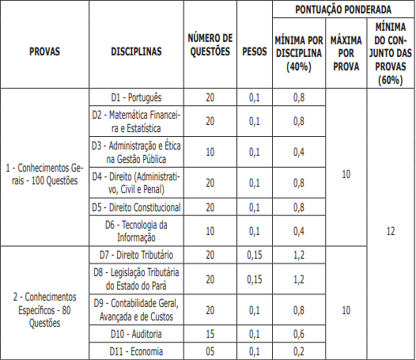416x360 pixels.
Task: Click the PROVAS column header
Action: click(43, 51)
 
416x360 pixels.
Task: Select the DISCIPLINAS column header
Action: click(136, 51)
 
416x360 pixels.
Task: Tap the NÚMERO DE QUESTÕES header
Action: click(210, 45)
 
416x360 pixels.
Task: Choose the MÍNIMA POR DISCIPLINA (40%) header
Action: click(298, 52)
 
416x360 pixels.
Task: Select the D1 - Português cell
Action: click(136, 97)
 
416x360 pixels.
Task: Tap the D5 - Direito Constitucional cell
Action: click(136, 207)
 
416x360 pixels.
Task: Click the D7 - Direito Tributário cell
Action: click(136, 255)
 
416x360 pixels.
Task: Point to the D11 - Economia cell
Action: click(136, 351)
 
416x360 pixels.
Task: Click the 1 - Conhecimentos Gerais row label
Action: click(43, 174)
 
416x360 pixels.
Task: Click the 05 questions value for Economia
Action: click(210, 351)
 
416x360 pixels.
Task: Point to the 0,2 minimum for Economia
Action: click(298, 351)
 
